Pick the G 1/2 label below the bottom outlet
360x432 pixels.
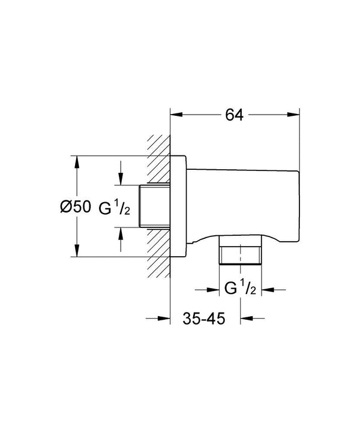pos(241,289)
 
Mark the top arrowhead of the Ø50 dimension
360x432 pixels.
pos(76,161)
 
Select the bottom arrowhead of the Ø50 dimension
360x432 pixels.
pos(76,253)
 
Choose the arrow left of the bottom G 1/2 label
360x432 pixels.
pos(214,289)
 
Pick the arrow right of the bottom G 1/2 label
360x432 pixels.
pos(268,289)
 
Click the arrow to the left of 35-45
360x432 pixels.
pos(166,319)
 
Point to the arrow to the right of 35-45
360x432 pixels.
pos(245,319)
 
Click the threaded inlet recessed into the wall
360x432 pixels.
pos(155,206)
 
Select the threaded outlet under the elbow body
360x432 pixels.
pos(241,254)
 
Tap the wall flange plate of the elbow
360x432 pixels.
pos(179,206)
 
